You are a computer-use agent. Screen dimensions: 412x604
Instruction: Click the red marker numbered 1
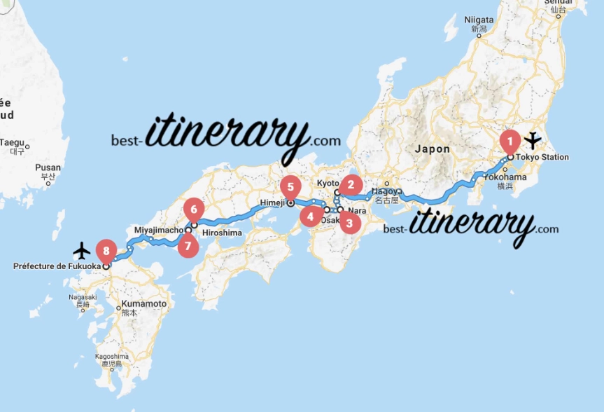tap(510, 140)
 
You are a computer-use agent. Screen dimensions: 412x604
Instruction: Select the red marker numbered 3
tap(349, 224)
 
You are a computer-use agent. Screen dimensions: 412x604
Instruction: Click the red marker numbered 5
tap(289, 187)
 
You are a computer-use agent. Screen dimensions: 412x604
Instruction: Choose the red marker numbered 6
tap(194, 209)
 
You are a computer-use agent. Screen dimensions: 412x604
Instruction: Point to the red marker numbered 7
tap(187, 246)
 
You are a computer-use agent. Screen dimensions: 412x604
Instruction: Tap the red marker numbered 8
tap(106, 249)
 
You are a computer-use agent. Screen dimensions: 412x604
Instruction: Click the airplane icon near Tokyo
tap(533, 140)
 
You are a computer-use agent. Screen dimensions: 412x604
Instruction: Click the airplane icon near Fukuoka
tap(82, 249)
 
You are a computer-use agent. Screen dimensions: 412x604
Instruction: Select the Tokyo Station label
tap(542, 157)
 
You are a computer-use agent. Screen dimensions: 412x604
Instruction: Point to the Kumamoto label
tap(143, 304)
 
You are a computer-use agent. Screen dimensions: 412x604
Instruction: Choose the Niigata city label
tap(479, 20)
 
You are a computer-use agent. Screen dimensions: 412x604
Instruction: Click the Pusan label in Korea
tap(48, 167)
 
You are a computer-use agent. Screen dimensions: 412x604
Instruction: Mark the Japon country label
tap(432, 149)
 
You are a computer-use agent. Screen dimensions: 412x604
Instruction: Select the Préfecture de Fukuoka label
tap(56, 266)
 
